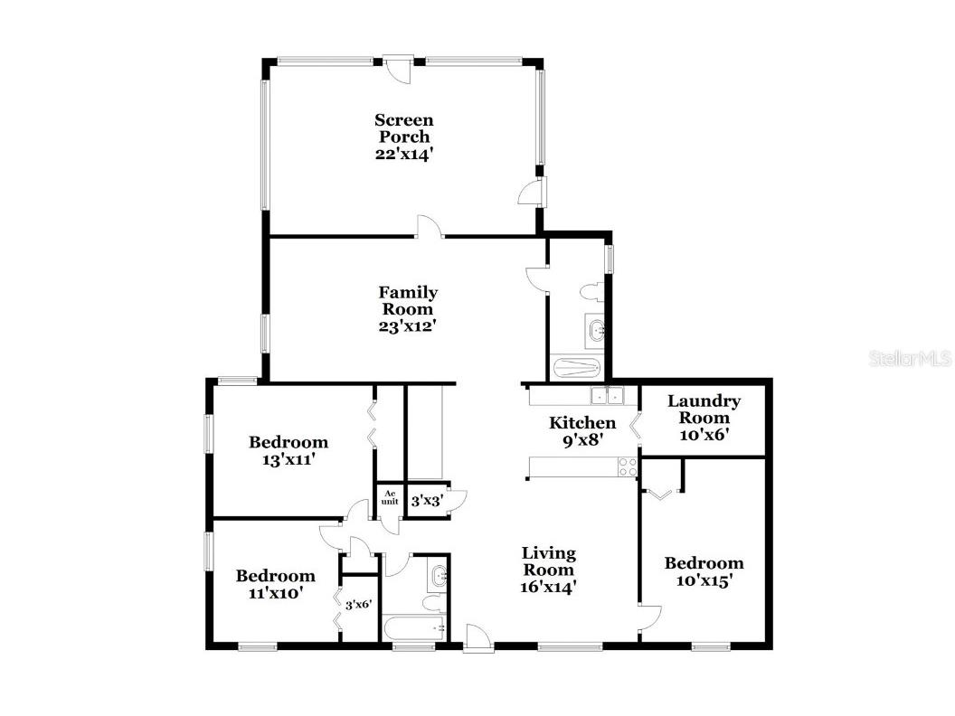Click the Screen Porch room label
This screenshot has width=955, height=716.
[404, 137]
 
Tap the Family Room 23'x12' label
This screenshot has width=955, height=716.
[408, 308]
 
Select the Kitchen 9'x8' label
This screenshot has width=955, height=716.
[583, 431]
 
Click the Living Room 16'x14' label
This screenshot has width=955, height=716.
[549, 570]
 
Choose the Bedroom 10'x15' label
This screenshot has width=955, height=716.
[704, 572]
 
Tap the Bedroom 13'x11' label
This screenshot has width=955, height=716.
[288, 450]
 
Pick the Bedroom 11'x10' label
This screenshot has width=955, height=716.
[276, 584]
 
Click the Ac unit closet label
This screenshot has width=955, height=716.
[391, 497]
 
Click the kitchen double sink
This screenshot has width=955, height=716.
[607, 395]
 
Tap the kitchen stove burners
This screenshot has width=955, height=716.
[628, 466]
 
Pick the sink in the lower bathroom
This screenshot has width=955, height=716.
[439, 575]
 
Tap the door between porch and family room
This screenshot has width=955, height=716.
[430, 229]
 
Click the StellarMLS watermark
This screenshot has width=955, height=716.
[910, 359]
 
